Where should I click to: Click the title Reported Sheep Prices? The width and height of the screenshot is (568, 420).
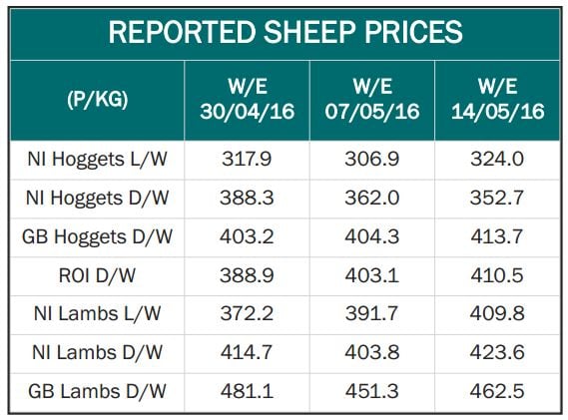coord(284,32)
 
